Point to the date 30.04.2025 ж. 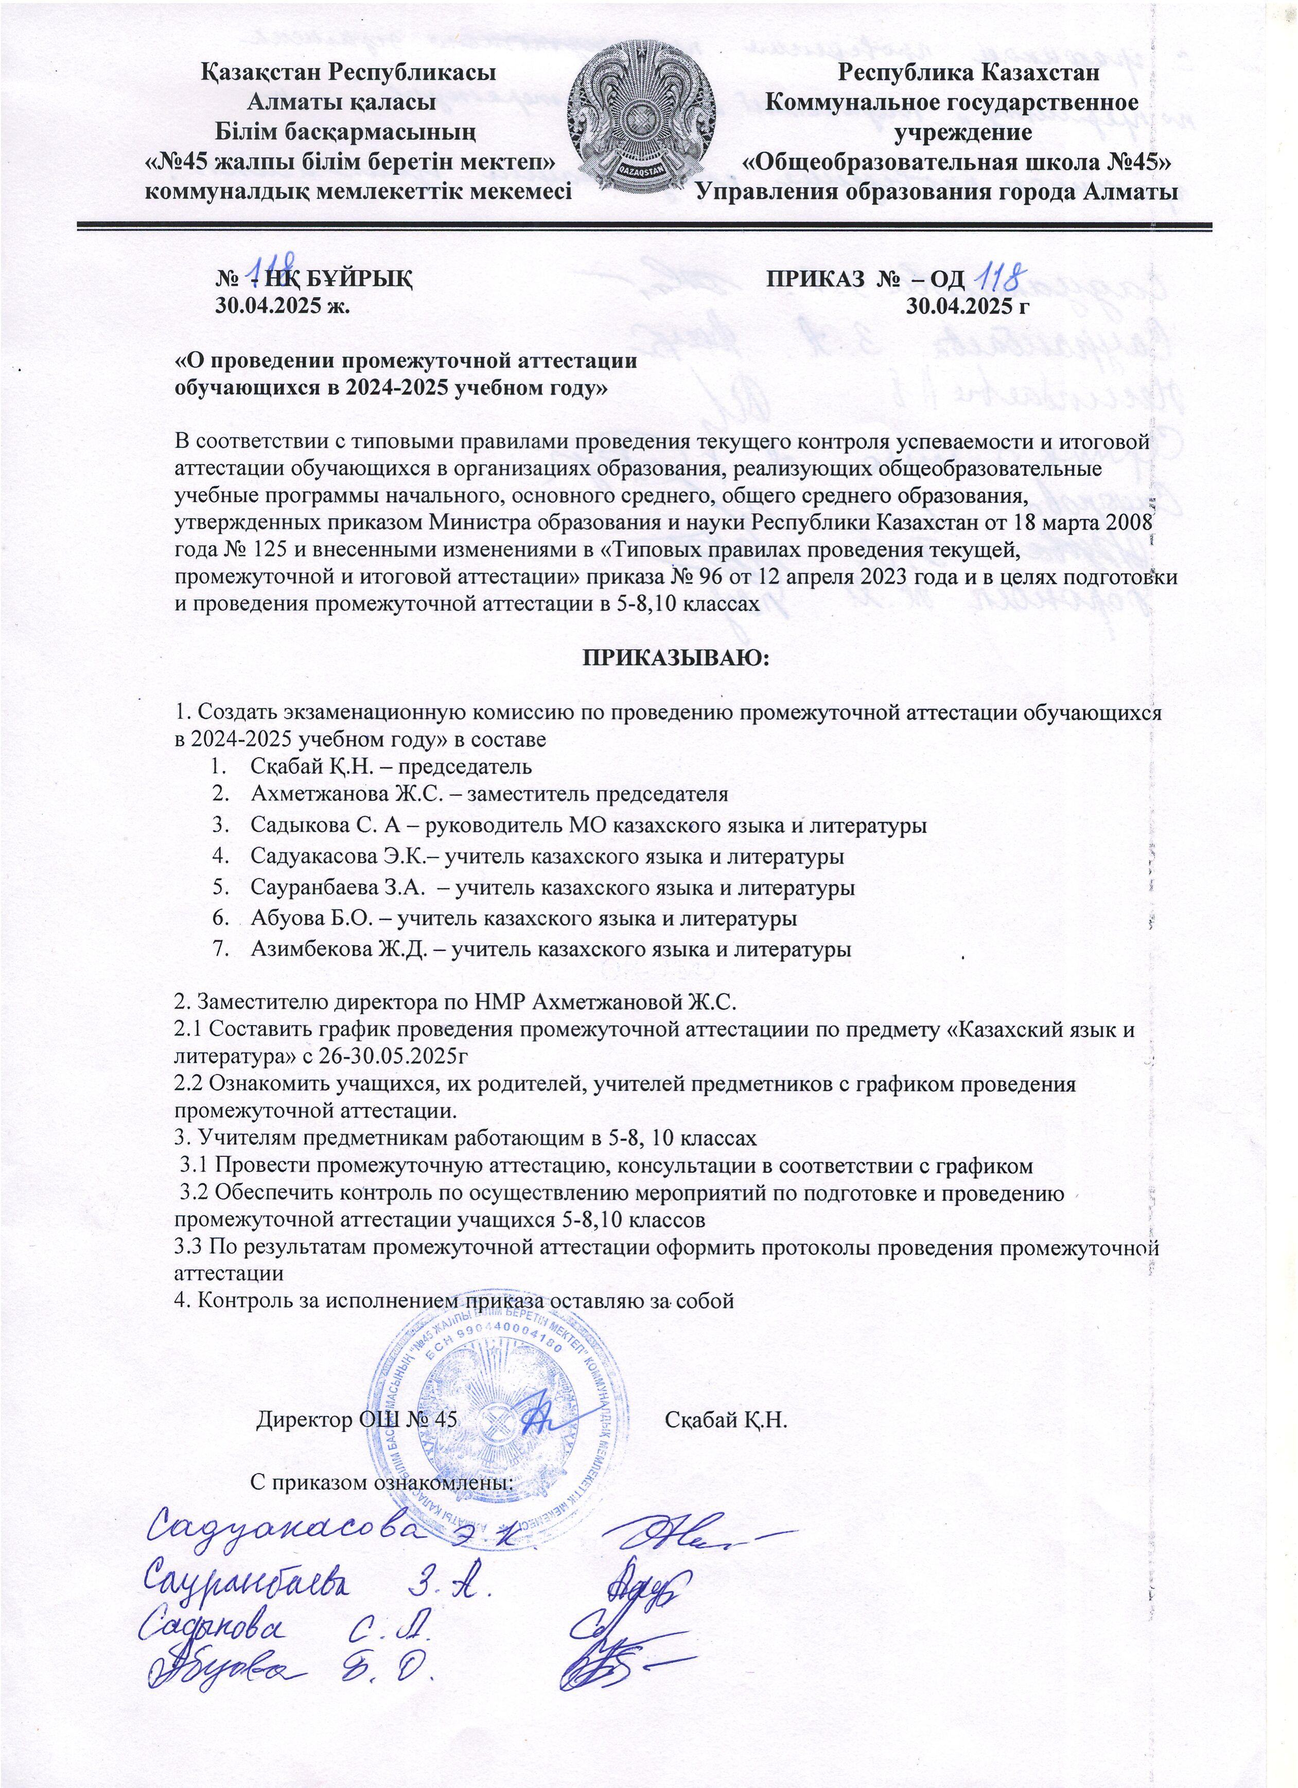283,306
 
